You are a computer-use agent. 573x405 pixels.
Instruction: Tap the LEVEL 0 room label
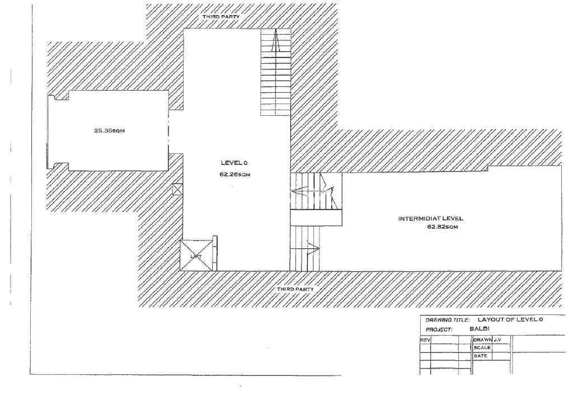coord(234,163)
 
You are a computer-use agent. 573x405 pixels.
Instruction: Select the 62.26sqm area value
coord(234,174)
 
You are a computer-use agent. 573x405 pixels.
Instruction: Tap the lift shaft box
coord(196,256)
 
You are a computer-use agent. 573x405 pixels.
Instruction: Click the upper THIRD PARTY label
coord(222,17)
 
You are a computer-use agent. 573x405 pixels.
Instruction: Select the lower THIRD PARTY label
coord(295,289)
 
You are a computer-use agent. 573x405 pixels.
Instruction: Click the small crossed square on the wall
coord(177,189)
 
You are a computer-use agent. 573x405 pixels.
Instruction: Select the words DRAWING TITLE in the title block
coord(445,321)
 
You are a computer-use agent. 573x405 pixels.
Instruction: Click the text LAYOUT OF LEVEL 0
coord(507,320)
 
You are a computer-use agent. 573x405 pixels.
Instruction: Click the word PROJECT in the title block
coord(439,330)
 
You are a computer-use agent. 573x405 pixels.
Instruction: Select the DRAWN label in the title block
coord(482,340)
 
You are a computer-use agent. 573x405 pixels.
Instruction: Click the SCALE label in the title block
coord(482,347)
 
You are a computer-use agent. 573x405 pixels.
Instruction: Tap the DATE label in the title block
coord(481,356)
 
